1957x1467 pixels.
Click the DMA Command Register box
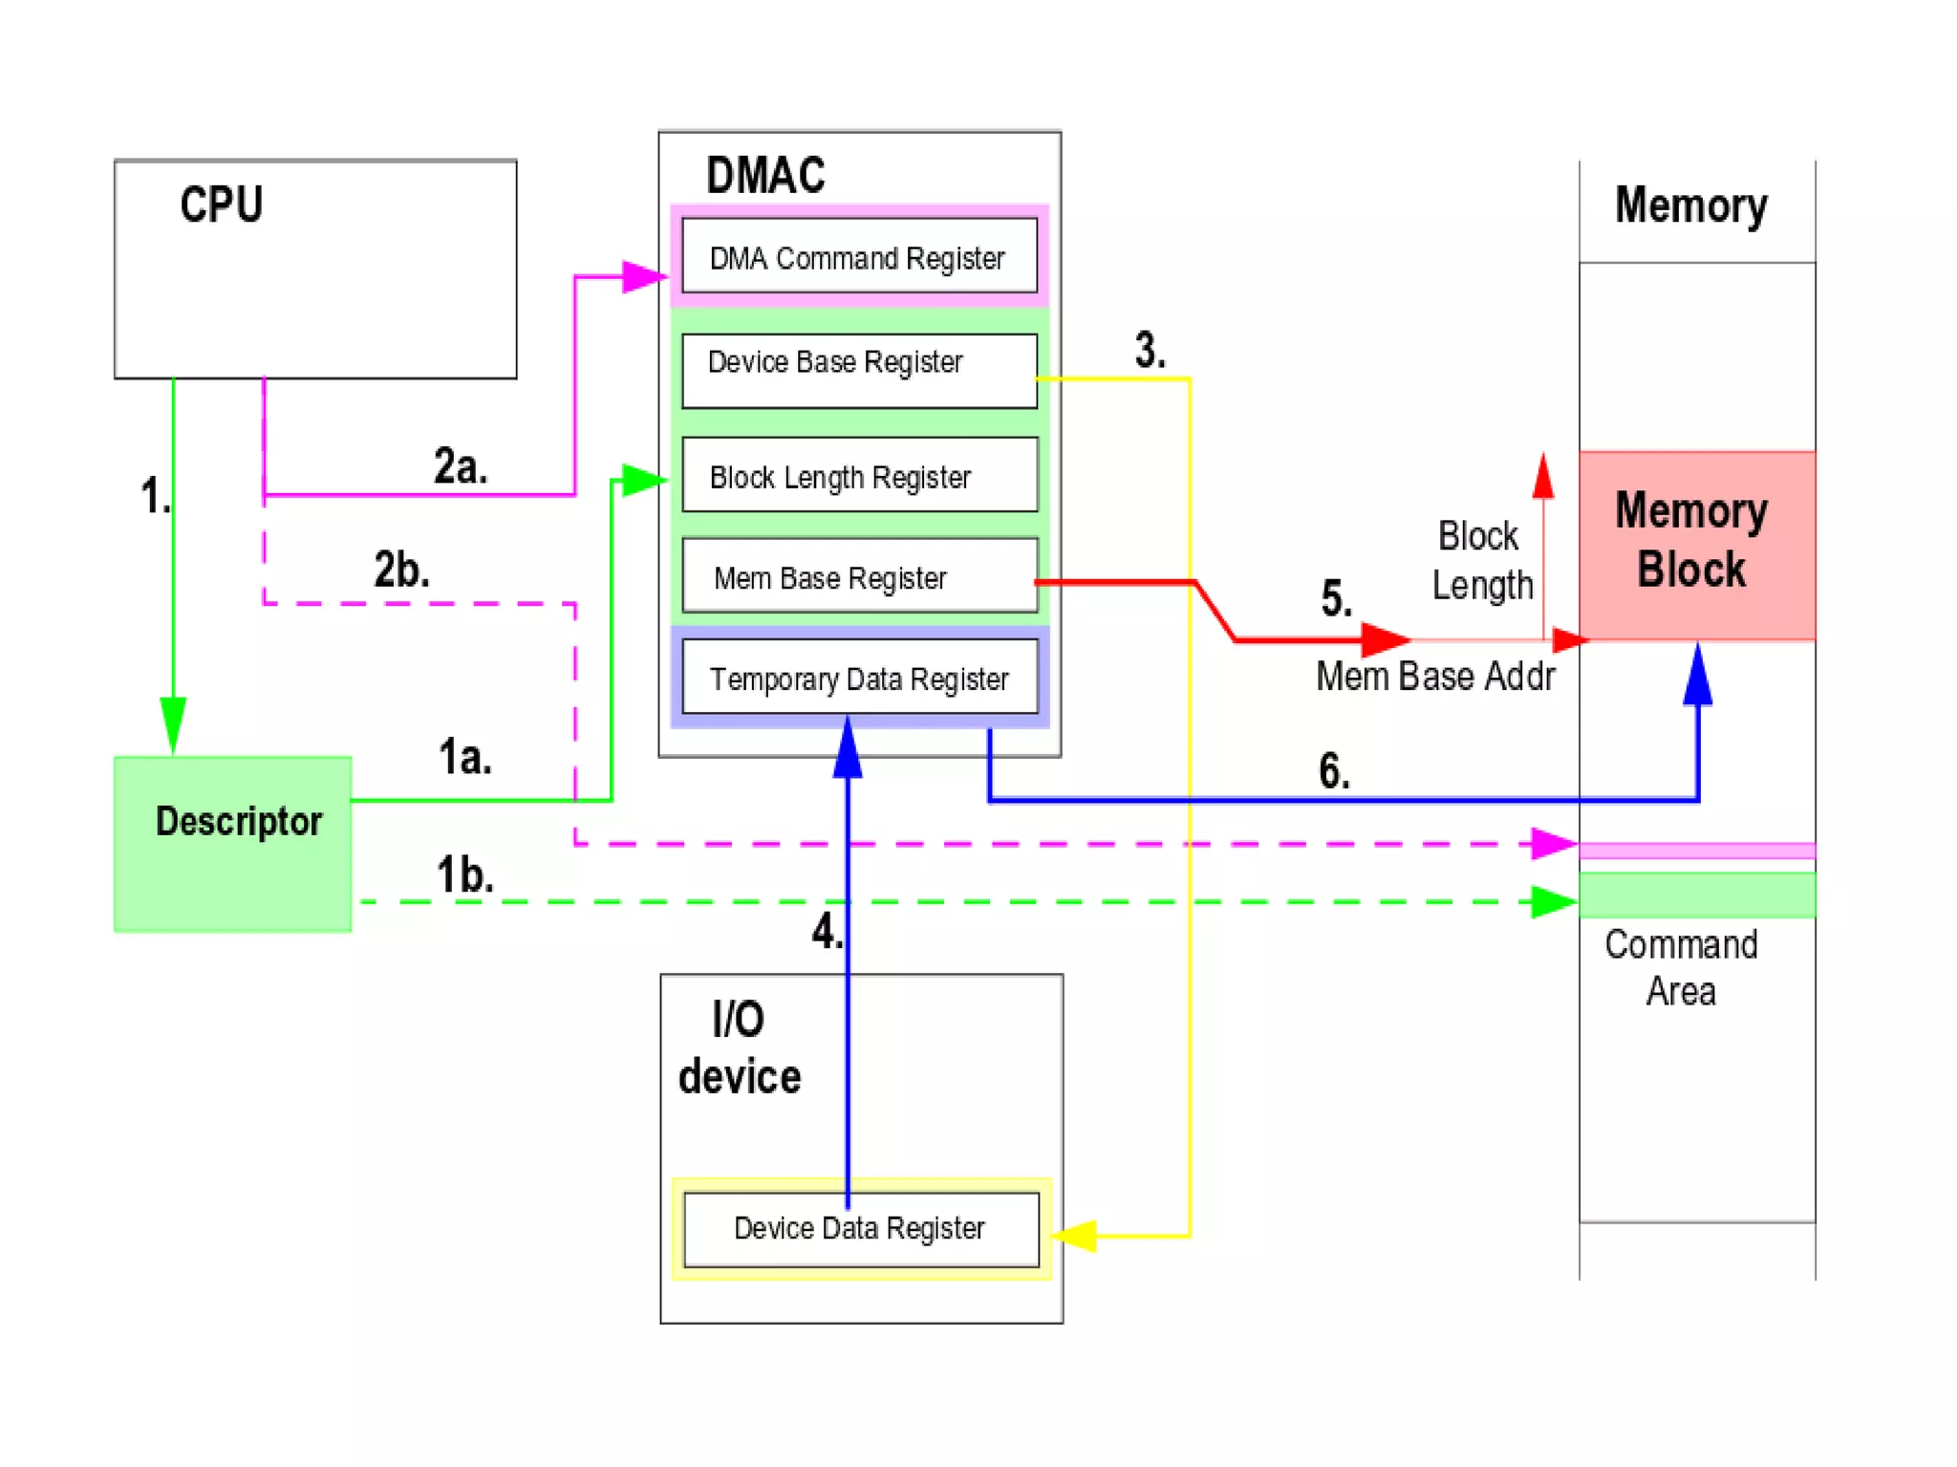pyautogui.click(x=859, y=256)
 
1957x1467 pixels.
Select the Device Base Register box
pyautogui.click(x=859, y=371)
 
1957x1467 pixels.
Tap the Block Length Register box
pyautogui.click(x=859, y=475)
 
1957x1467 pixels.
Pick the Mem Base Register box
pyautogui.click(x=859, y=576)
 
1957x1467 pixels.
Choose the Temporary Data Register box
pyautogui.click(x=859, y=678)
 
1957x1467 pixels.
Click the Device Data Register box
pyautogui.click(x=861, y=1229)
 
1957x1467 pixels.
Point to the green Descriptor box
pyautogui.click(x=233, y=844)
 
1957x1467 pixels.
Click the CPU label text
pyautogui.click(x=221, y=205)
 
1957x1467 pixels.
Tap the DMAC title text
pyautogui.click(x=765, y=176)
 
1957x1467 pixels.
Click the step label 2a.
pyautogui.click(x=461, y=466)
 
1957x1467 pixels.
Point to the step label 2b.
pyautogui.click(x=401, y=570)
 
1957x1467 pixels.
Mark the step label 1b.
pyautogui.click(x=465, y=874)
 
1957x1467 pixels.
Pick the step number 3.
pyautogui.click(x=1150, y=350)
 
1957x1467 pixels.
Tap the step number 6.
pyautogui.click(x=1334, y=770)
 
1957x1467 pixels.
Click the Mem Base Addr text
pyautogui.click(x=1434, y=677)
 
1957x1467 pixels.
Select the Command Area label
pyautogui.click(x=1681, y=967)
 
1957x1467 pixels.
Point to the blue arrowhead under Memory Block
pyautogui.click(x=1697, y=674)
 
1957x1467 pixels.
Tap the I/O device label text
pyautogui.click(x=739, y=1048)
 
